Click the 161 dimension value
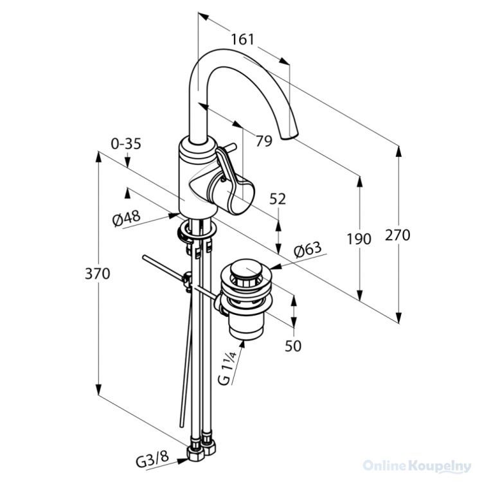point(243,39)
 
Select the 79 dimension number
point(264,141)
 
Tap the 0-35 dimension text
point(126,144)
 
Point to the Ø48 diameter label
point(127,219)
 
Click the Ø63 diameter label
point(308,249)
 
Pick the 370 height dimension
point(98,274)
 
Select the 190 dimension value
point(359,239)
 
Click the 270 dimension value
point(398,235)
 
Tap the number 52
point(278,199)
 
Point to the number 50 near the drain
point(293,346)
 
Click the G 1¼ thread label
point(227,369)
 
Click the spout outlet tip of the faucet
point(290,136)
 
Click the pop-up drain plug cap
point(245,267)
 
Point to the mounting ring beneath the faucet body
point(197,231)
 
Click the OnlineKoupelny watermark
point(417,467)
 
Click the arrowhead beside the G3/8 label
point(183,461)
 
